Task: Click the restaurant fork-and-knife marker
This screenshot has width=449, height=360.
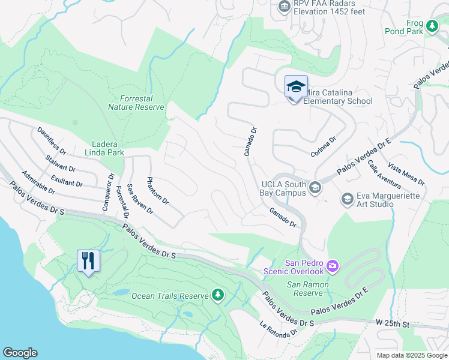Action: (x=89, y=262)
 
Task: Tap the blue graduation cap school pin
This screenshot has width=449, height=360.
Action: (x=295, y=88)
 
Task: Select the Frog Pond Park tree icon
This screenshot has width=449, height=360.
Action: (x=432, y=26)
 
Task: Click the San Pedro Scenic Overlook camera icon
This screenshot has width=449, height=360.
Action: (x=333, y=265)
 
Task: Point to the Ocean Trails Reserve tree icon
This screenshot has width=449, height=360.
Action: (x=217, y=295)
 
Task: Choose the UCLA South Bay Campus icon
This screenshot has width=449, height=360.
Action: (x=315, y=189)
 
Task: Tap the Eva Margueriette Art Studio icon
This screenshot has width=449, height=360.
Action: (x=347, y=198)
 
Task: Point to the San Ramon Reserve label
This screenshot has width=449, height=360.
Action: (x=309, y=289)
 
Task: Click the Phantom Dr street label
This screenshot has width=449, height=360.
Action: (x=158, y=191)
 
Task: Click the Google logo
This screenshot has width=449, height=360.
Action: (x=20, y=353)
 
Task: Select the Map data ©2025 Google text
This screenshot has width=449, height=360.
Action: (x=411, y=355)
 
